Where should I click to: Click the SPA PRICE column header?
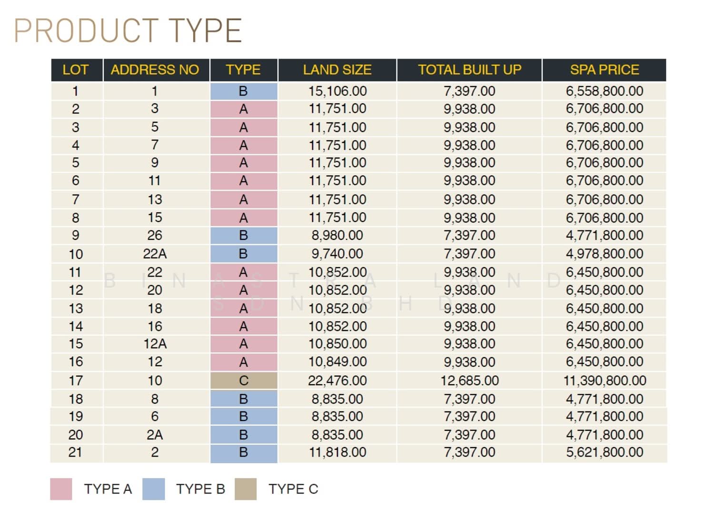604,70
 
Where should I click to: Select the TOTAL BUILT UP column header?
469,70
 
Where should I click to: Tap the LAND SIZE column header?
337,70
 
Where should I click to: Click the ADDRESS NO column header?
155,70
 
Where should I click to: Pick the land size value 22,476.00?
337,381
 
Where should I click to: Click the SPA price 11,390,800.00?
605,381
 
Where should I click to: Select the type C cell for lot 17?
244,381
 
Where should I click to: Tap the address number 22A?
155,254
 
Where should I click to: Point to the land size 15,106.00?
337,91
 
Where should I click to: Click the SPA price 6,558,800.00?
605,91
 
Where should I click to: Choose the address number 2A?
155,435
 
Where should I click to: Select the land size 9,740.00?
337,254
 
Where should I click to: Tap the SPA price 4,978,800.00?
605,254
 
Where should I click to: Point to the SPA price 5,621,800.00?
605,452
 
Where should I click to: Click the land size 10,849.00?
337,362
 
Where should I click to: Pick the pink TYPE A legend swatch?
61,489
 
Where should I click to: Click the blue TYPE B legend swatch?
153,489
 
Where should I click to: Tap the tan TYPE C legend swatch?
246,489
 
